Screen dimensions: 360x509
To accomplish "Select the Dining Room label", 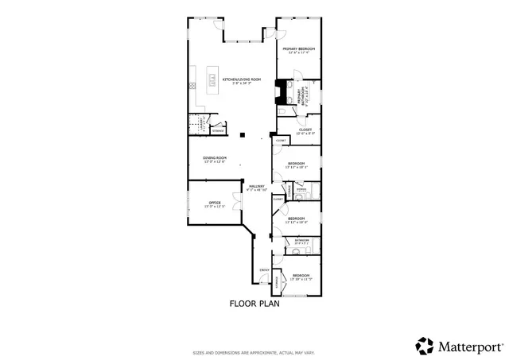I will coord(215,160).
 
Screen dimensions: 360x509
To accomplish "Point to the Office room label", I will coord(215,204).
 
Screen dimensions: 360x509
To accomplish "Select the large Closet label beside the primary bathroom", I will coord(305,131).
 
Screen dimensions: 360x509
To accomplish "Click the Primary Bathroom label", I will coord(303,95).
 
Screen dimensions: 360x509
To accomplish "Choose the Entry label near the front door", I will coord(264,271).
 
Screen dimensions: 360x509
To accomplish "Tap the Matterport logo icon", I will coord(425,346).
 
